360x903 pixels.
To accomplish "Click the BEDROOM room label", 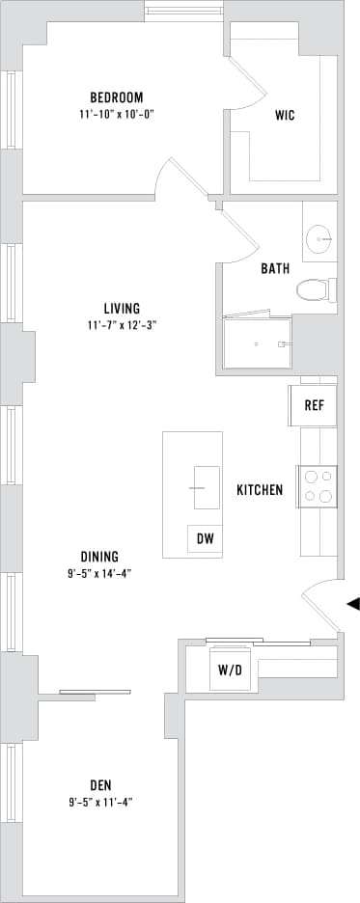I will point(117,97).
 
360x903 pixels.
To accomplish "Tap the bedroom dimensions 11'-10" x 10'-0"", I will point(117,114).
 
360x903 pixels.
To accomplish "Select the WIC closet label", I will point(285,116).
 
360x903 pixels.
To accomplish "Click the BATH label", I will point(275,269).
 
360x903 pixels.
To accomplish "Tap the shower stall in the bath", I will point(257,342).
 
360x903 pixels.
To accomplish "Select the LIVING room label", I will point(122,309).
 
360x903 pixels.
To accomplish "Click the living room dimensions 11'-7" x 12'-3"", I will point(122,325).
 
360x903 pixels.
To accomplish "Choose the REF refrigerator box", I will point(314,405).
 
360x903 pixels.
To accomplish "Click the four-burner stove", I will point(317,485).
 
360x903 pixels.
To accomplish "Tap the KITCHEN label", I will point(260,490).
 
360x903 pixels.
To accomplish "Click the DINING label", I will point(99,557).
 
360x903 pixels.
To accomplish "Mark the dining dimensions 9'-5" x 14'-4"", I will point(99,573).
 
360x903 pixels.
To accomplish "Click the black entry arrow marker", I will point(353,604).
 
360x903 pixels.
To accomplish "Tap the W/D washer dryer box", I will point(231,670).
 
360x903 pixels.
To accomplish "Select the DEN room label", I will point(100,784).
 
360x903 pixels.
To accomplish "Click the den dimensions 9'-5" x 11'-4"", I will point(100,801).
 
